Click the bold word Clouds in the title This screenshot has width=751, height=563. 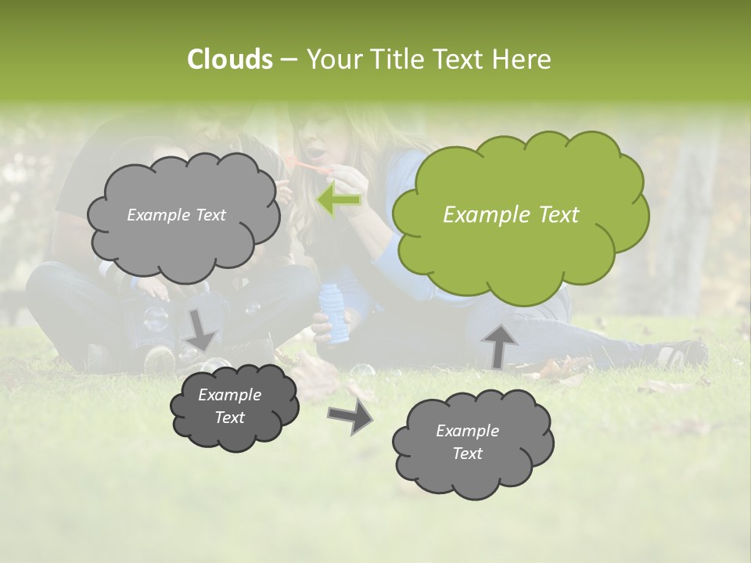point(230,59)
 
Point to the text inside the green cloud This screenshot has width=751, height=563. point(511,215)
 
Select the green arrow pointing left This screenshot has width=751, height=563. point(340,200)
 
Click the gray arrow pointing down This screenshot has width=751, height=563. point(201,329)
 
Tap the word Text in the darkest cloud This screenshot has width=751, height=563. point(230,418)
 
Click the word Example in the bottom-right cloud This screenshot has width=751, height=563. point(467,431)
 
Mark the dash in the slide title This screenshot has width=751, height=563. point(289,60)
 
